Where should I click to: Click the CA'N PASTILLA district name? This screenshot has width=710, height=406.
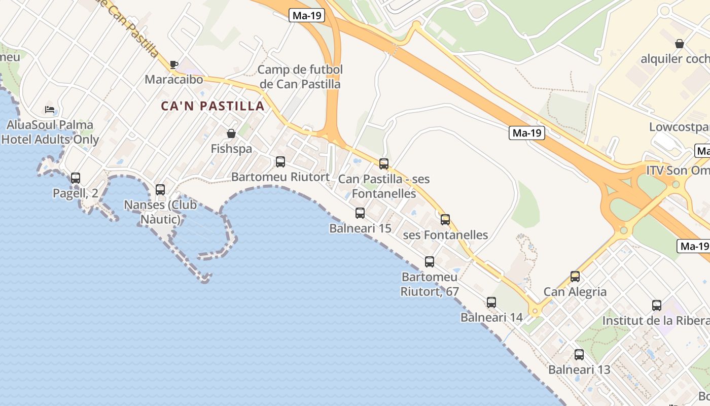click(213, 106)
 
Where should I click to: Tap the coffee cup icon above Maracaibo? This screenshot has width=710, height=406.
click(174, 65)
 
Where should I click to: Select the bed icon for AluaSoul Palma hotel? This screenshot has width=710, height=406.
click(49, 110)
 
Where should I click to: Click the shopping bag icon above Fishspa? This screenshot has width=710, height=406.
click(231, 133)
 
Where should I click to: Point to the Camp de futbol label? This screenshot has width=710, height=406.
click(300, 77)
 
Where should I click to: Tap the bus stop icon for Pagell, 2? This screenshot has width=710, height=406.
click(76, 178)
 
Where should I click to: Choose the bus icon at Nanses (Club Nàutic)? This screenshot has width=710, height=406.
click(160, 190)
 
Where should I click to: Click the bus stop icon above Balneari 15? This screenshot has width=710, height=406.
click(360, 213)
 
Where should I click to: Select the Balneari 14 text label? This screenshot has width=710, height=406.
click(491, 318)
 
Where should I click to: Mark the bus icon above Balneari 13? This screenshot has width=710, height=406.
click(579, 355)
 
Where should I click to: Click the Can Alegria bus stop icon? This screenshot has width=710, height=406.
click(575, 277)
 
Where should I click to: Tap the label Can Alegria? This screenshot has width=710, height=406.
click(575, 292)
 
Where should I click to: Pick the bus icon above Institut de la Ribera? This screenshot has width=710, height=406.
click(657, 306)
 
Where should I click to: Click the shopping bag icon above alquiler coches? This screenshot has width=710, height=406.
click(680, 44)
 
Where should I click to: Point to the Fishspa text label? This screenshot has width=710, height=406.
click(231, 149)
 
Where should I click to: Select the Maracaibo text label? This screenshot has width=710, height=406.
click(174, 80)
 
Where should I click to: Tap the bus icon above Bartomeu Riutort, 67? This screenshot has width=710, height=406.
click(430, 262)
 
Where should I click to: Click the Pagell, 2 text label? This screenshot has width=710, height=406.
click(76, 193)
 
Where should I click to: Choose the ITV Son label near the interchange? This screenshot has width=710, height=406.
click(678, 170)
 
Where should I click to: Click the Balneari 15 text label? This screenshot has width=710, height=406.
click(360, 228)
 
